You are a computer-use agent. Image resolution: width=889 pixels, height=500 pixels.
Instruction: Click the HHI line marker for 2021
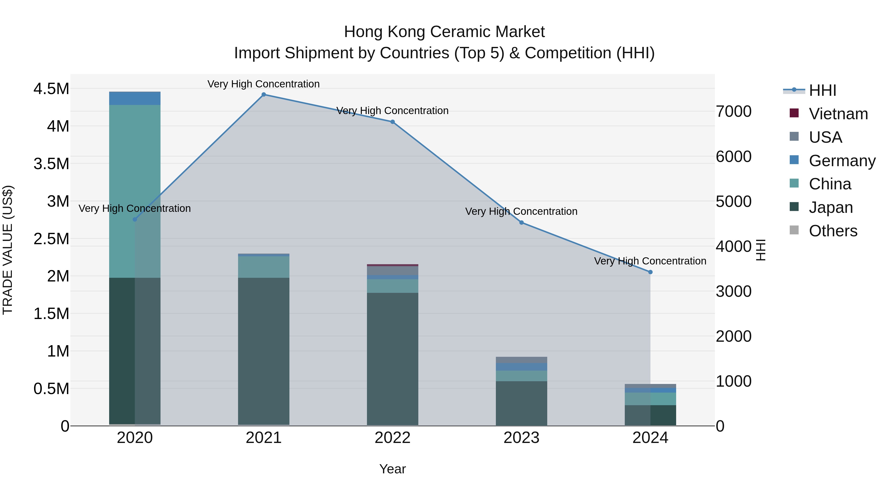point(264,95)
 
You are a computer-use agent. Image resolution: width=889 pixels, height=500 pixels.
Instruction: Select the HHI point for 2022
point(392,122)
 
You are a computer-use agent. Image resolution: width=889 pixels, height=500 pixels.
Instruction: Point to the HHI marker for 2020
point(135,220)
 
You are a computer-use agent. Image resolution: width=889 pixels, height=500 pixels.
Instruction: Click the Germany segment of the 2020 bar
point(135,98)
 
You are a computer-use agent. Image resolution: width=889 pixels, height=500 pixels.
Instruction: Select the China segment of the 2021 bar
point(264,267)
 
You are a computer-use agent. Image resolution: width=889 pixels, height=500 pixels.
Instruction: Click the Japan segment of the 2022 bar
point(392,359)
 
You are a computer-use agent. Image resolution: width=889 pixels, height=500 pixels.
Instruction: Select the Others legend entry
point(833,231)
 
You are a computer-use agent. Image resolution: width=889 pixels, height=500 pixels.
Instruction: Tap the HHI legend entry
point(822,90)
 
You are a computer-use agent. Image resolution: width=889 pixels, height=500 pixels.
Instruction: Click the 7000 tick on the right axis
point(733,111)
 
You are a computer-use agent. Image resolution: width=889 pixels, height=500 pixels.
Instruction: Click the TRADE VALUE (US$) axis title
point(8,250)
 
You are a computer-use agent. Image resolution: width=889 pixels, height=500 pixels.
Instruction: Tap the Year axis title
point(392,469)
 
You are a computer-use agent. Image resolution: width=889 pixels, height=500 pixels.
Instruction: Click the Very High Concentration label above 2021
point(264,84)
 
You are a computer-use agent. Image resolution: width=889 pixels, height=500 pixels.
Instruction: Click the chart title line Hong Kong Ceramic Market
point(444,32)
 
